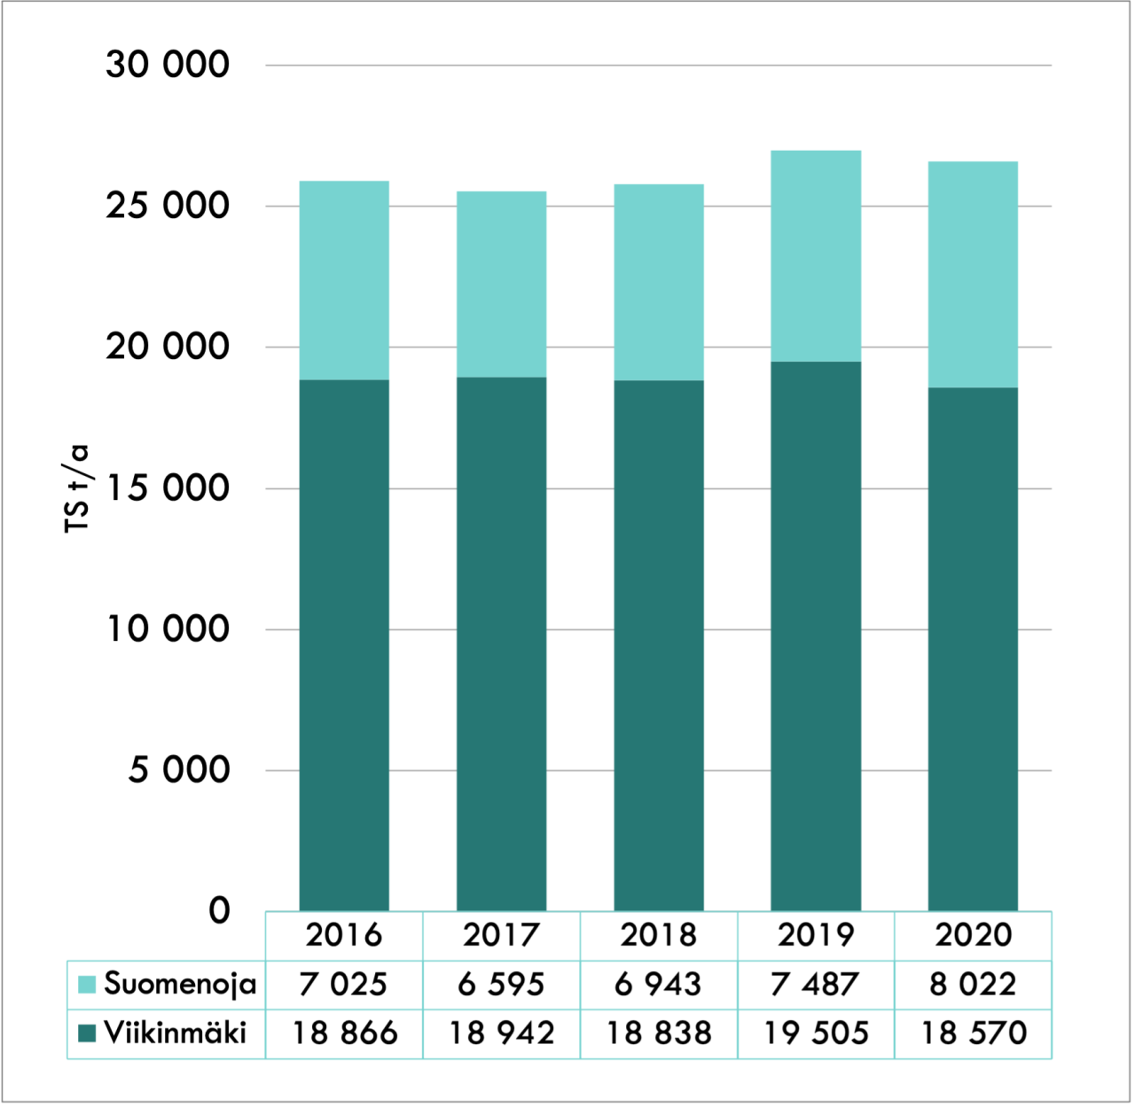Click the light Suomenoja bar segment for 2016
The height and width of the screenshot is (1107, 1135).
tap(344, 280)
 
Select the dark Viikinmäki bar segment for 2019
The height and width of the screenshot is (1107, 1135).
tap(816, 635)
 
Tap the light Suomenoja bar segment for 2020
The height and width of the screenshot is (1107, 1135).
tap(973, 274)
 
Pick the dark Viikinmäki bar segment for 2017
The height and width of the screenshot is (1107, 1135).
tap(501, 643)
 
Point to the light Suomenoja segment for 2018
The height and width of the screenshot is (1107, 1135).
tap(659, 282)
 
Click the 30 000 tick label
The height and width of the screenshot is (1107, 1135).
tap(168, 65)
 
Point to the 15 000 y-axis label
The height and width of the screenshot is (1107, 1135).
tap(168, 488)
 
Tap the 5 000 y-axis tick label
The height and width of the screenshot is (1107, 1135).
tap(179, 770)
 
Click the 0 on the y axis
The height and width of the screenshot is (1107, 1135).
tap(219, 910)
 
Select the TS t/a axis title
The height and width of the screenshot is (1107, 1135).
tap(78, 488)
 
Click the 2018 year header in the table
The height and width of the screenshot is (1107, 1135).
tap(659, 935)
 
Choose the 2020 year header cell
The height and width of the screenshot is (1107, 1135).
tap(973, 935)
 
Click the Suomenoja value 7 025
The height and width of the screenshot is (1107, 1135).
tap(344, 984)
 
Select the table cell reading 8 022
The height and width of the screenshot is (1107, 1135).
tap(973, 984)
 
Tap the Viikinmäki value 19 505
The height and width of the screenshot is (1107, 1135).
tap(816, 1033)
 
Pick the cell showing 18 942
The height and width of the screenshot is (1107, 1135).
tap(501, 1033)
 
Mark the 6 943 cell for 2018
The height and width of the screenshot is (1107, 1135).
tap(659, 984)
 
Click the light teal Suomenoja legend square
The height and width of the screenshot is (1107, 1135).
tap(87, 985)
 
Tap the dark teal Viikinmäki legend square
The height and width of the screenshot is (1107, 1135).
tap(87, 1033)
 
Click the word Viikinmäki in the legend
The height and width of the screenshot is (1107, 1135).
tap(176, 1033)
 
